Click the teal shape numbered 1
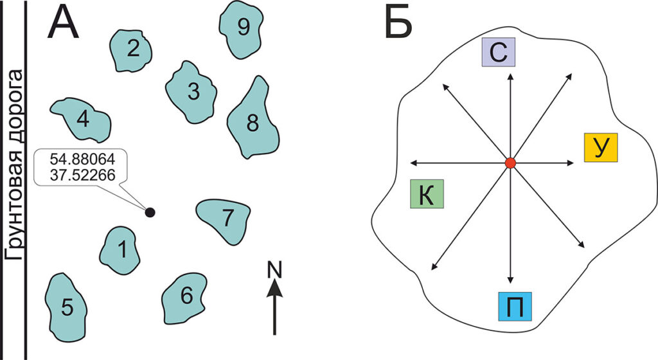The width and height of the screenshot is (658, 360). click(121, 249)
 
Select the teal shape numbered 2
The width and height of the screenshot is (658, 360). click(132, 50)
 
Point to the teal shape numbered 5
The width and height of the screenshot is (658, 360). click(67, 308)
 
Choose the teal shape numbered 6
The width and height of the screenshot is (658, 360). click(185, 296)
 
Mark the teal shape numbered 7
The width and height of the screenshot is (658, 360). click(226, 219)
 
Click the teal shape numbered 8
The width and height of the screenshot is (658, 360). click(253, 122)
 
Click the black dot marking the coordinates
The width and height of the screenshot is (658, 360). click(150, 212)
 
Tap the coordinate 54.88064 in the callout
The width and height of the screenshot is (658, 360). click(83, 161)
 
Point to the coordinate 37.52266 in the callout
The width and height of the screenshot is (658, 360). click(83, 174)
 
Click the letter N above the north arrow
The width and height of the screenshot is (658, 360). click(275, 271)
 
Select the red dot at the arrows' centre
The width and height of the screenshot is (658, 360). click(510, 163)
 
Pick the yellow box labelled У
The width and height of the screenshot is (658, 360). click(600, 147)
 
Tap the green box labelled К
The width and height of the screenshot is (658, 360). click(427, 194)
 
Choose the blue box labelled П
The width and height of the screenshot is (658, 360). click(515, 306)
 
